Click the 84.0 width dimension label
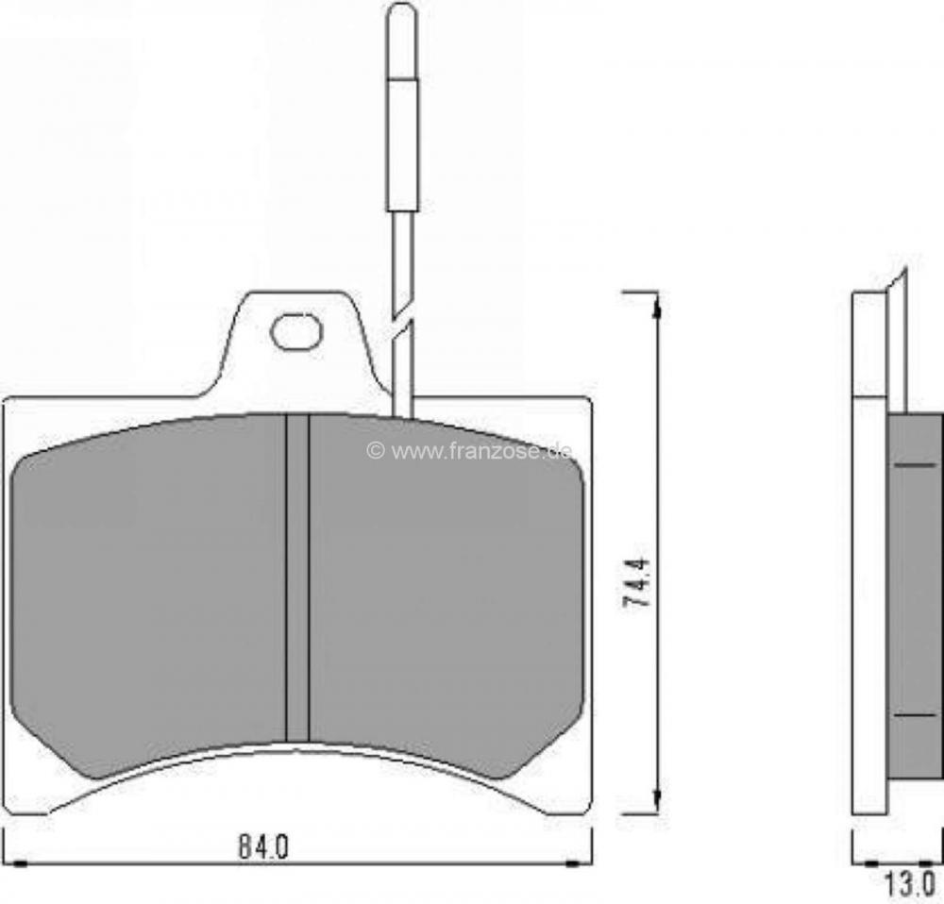263,847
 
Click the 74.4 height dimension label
636,582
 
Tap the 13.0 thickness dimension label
909,884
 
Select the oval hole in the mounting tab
296,331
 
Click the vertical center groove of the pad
296,578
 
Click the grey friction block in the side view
915,595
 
